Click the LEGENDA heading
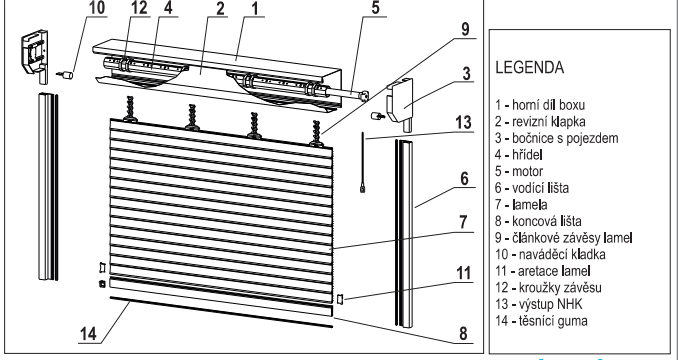(529, 68)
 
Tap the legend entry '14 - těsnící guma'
(541, 321)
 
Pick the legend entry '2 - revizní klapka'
(540, 121)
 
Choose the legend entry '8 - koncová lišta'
(538, 221)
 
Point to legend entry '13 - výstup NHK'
(539, 304)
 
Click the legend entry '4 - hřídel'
(519, 155)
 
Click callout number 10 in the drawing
(98, 9)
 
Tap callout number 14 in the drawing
(89, 334)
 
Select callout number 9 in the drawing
(465, 29)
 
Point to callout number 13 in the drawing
(463, 122)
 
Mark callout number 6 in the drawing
(464, 178)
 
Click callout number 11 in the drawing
(463, 273)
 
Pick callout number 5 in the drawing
(375, 8)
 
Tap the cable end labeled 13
(362, 188)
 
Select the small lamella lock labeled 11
(339, 299)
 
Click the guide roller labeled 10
(65, 76)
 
